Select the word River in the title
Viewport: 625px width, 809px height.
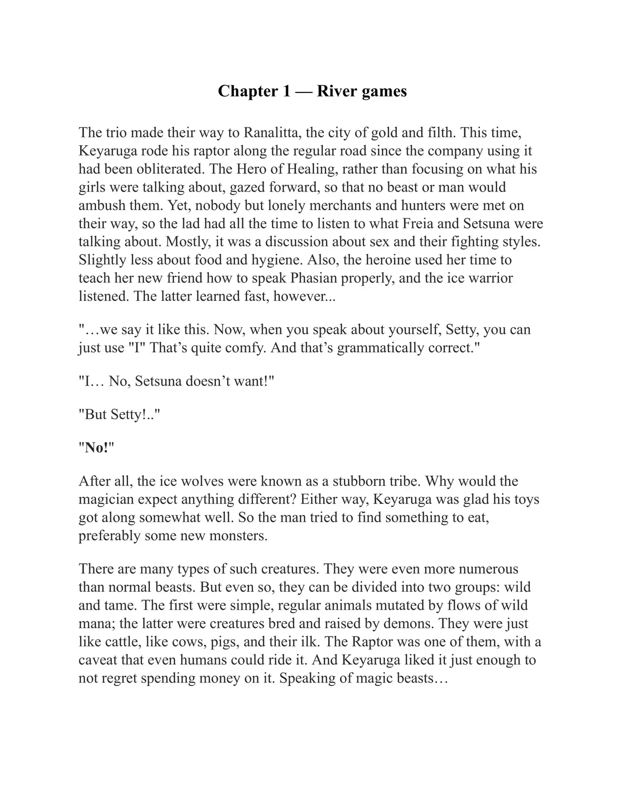click(337, 91)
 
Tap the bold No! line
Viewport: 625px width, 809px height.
click(97, 448)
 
